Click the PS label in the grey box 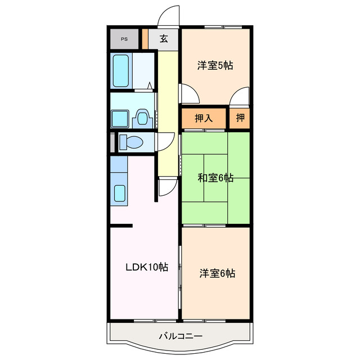tap(124, 39)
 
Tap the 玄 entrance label tap(164, 39)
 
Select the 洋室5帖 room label tap(215, 65)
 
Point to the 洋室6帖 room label tap(217, 273)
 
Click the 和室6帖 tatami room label tap(215, 178)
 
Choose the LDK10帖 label tap(146, 267)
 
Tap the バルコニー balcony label tap(180, 336)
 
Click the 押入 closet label tap(203, 118)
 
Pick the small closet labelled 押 tap(240, 118)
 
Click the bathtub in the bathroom tap(121, 70)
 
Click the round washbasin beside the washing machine tap(143, 119)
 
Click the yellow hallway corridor tap(167, 112)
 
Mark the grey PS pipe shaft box tap(124, 39)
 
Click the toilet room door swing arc tap(164, 142)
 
